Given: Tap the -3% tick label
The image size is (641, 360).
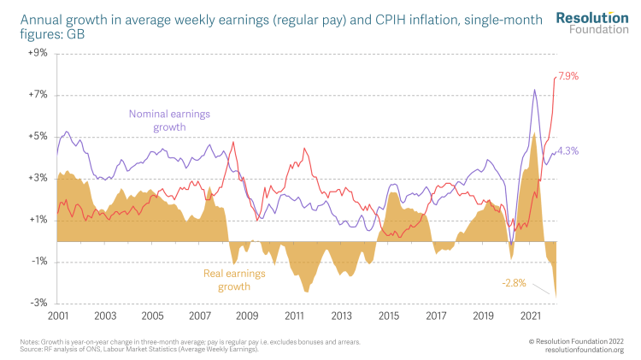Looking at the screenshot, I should pos(38,304).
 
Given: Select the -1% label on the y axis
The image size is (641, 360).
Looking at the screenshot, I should pos(38,262).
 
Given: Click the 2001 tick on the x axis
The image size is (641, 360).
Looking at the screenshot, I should pos(57,316).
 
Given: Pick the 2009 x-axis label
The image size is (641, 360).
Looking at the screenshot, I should pos(247,316).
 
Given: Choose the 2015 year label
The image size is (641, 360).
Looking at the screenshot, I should pos(389,316).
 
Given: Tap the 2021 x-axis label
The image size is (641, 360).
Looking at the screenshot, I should pos(531,316).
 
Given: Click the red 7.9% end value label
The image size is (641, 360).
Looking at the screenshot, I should pos(568,76).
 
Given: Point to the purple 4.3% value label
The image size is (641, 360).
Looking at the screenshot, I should pos(568,151).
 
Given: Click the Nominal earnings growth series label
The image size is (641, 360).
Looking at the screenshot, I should pos(169,121).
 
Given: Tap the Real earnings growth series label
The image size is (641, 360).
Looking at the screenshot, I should pos(234,280).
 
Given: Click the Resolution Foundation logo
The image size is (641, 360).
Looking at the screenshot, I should pos(591,23).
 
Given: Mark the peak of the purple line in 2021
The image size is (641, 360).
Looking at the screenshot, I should pos(535,90).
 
